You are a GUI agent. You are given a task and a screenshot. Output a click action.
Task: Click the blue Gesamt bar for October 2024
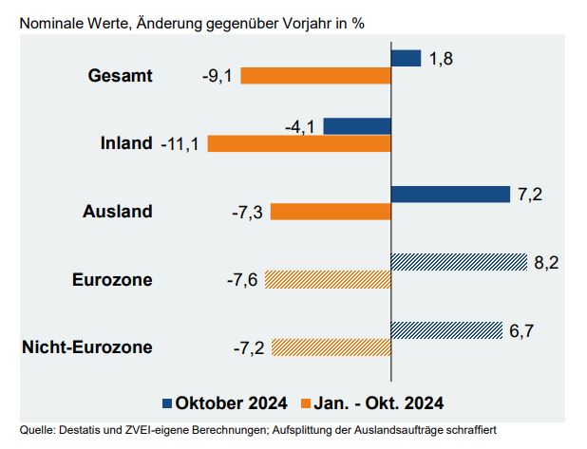click(406, 58)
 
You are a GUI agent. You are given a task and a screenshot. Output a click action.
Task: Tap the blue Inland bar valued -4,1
click(357, 125)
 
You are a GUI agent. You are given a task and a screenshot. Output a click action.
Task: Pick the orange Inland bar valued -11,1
click(299, 143)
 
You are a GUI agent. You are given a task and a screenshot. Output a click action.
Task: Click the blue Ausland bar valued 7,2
click(451, 194)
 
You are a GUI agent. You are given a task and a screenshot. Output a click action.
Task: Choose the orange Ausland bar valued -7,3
click(331, 212)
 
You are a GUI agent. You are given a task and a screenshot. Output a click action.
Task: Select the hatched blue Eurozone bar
click(459, 262)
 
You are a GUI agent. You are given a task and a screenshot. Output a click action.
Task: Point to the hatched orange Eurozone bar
click(328, 279)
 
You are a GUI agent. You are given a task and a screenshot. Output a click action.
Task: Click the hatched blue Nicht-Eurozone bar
click(446, 329)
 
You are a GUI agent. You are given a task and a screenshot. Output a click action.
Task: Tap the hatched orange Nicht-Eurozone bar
click(331, 347)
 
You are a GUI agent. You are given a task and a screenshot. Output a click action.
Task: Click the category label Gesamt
click(120, 76)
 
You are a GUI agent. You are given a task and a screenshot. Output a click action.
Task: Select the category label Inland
click(126, 143)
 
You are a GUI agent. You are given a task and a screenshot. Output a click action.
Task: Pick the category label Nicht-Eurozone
click(86, 347)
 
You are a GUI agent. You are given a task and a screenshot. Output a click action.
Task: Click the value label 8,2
click(546, 262)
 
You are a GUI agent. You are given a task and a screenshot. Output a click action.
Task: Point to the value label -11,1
click(179, 144)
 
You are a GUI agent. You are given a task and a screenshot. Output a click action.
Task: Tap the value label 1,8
click(440, 59)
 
